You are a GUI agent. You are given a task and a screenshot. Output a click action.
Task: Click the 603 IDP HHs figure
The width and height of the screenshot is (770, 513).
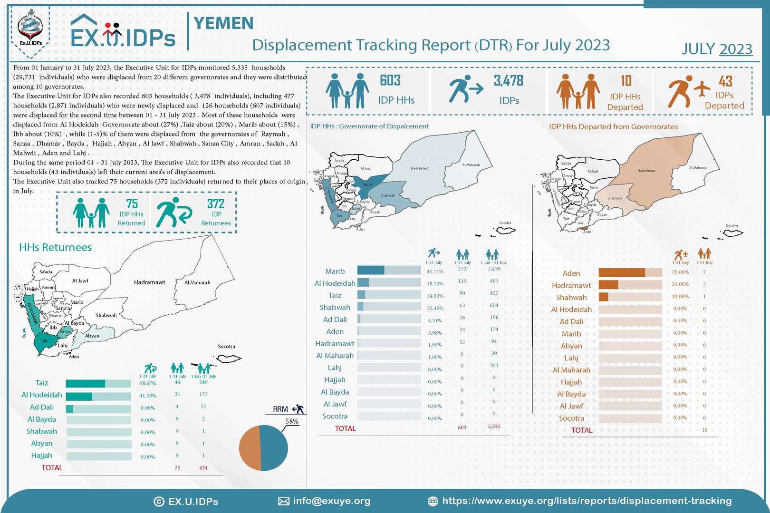point(390,80)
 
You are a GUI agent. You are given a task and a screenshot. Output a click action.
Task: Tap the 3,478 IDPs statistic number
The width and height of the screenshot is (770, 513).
point(508,81)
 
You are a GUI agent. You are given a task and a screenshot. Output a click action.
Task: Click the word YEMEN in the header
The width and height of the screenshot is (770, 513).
point(223,23)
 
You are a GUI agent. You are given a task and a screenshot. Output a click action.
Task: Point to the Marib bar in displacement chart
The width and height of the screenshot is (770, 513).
point(389,271)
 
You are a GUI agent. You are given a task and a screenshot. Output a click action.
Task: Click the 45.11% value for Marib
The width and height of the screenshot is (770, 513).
point(434,271)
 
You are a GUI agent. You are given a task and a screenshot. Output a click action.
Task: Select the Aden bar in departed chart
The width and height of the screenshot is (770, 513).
point(630,272)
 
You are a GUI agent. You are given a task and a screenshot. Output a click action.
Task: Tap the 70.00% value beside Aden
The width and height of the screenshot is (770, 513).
point(680,272)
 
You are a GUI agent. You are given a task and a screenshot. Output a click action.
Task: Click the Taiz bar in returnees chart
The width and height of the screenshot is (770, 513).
point(98,384)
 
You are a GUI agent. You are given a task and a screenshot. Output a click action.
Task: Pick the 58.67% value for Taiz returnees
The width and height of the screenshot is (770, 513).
point(147,383)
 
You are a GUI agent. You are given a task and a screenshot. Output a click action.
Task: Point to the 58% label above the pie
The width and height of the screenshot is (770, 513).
point(291,422)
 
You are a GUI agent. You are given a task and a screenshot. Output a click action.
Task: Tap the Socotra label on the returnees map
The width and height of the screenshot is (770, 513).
point(226,346)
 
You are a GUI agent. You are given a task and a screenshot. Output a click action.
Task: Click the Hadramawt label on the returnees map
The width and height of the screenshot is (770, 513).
point(149,282)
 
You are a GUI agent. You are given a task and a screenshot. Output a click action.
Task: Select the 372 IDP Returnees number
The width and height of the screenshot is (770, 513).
point(215,204)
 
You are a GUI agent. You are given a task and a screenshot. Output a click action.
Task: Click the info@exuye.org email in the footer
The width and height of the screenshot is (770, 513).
point(331,501)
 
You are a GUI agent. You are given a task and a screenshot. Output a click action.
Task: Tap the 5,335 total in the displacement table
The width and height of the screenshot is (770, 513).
point(494,426)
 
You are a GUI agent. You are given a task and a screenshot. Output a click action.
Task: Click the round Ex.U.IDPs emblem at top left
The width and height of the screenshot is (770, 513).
point(30,29)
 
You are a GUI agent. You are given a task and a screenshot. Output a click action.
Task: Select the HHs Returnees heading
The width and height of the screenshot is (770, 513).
point(55,247)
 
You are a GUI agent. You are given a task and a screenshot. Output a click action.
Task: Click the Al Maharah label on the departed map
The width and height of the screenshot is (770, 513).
point(698,168)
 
